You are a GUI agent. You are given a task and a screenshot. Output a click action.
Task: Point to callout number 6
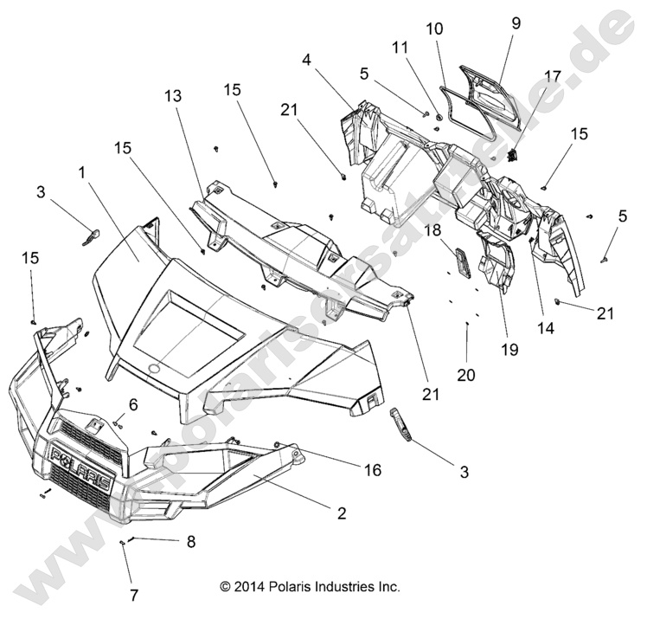[133, 404]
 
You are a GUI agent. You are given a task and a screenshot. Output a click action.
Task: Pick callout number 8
[191, 542]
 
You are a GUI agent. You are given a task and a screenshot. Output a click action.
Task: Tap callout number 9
[516, 24]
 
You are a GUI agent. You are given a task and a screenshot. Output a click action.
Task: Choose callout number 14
[546, 329]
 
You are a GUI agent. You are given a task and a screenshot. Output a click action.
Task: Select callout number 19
[508, 351]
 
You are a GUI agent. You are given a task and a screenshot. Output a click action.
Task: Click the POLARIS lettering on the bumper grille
[79, 467]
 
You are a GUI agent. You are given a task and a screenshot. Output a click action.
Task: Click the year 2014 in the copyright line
[250, 586]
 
